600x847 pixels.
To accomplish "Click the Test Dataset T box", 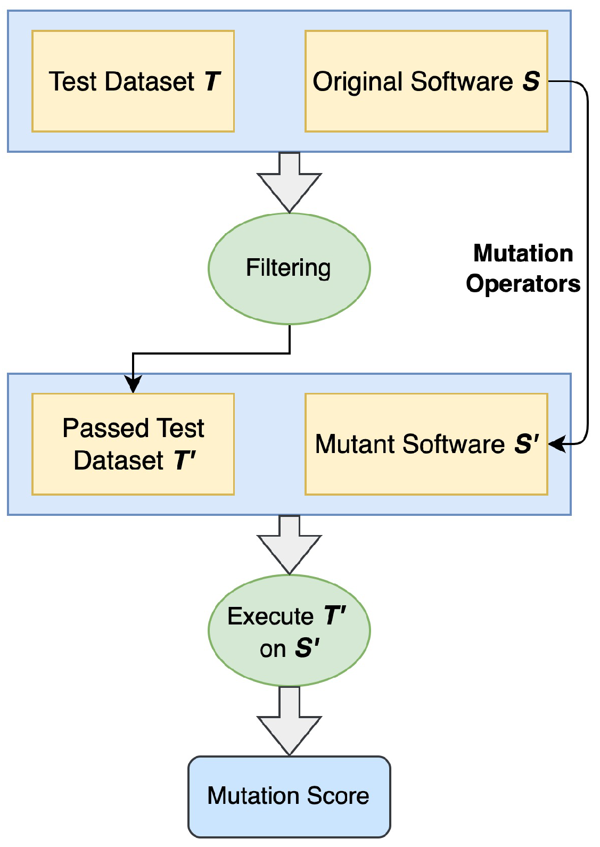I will pos(133,81).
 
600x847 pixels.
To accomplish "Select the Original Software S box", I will pos(426,81).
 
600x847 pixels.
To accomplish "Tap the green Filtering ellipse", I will pos(289,268).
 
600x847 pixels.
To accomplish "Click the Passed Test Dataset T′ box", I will pos(133,444).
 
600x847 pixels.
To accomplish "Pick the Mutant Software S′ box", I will pos(426,444).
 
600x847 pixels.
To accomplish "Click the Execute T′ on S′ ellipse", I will pos(289,630).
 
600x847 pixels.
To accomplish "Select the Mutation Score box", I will pos(289,796).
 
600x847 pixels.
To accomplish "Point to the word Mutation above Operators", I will pos(523,253).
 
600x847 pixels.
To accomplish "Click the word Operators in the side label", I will pos(523,284).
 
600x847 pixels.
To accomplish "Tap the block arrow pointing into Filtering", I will pos(289,184).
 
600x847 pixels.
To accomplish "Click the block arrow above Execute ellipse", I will pos(289,546).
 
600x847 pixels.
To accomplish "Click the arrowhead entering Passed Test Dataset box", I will pos(133,384).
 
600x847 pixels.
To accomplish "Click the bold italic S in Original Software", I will pos(531,81).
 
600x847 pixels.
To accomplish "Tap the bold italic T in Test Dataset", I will pos(212,81).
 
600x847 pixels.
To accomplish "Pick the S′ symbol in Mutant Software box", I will pos(527,444).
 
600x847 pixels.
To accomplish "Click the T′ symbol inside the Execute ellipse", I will pos(335,616).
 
